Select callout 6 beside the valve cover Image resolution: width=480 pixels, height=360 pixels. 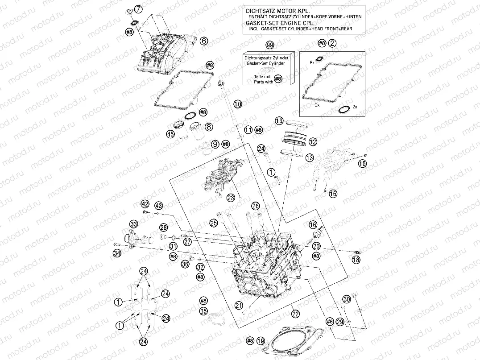pos(204,41)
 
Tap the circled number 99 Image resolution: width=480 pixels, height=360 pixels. pos(269,46)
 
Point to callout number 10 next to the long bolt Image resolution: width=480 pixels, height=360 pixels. pos(238,104)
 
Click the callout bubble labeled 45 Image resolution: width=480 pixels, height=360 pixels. pos(170,134)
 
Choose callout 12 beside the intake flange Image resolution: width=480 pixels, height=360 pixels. pos(312,142)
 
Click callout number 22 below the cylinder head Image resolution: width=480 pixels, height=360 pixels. pos(295,314)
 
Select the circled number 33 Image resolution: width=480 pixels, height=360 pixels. pos(133,223)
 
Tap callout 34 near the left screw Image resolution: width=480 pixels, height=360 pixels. pos(117,253)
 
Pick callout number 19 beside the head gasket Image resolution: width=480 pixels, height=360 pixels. pos(261,341)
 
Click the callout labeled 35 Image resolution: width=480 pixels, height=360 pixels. pos(203,311)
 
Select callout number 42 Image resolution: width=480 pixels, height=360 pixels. pos(145,204)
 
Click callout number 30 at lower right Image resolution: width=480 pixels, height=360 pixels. pos(346,298)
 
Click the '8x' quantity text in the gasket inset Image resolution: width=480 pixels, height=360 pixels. pos(312,64)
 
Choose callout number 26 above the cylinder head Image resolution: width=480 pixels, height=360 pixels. pos(255,206)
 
